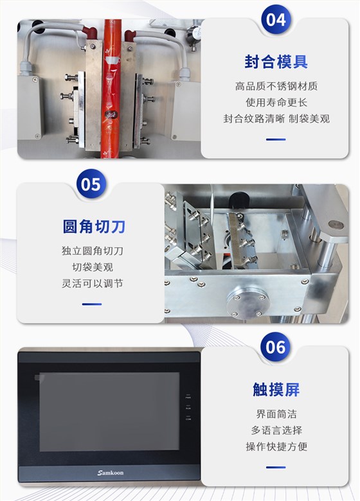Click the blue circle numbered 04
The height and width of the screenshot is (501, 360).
click(276, 19)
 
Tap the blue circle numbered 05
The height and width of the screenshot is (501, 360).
click(91, 184)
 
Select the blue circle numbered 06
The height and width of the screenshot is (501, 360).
click(276, 347)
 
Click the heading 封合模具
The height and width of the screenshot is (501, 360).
click(276, 62)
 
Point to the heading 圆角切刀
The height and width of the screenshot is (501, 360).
click(94, 226)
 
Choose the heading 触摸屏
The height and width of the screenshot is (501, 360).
click(276, 389)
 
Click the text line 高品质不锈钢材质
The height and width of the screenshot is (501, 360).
click(276, 86)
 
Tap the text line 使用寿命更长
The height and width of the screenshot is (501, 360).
click(276, 103)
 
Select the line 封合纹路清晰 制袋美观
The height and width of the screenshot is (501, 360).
click(276, 119)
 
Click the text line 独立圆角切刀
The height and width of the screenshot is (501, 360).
click(93, 251)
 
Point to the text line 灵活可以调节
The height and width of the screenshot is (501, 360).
click(93, 283)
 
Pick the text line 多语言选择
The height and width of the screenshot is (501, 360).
click(276, 430)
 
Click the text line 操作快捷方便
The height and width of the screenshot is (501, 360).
click(276, 446)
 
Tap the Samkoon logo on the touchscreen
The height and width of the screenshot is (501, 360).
click(111, 473)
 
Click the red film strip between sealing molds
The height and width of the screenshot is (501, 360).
click(111, 89)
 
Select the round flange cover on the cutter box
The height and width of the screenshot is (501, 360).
click(248, 301)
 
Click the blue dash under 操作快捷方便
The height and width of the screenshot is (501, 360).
click(276, 467)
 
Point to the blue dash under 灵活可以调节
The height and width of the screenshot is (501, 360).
click(92, 304)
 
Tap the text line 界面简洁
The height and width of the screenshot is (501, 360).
click(276, 414)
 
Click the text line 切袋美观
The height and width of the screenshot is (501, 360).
click(93, 267)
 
